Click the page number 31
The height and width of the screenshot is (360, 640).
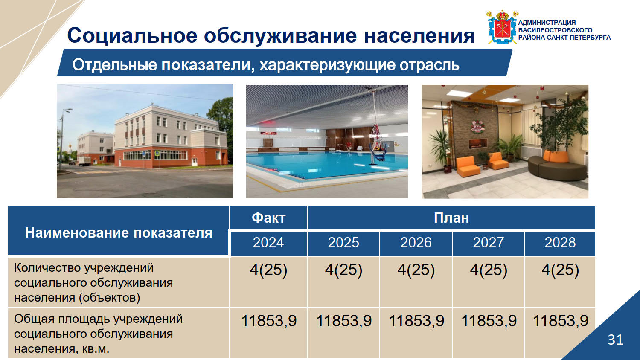(x=615, y=340)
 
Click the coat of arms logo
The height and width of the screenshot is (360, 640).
(x=502, y=27)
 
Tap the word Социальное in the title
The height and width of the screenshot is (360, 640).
(x=132, y=35)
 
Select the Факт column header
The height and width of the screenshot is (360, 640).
(x=268, y=218)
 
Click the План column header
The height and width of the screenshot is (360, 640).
(x=451, y=218)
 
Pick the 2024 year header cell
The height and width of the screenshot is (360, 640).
(x=268, y=243)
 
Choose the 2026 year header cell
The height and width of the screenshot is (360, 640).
(x=416, y=243)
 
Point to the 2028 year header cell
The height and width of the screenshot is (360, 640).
(x=560, y=243)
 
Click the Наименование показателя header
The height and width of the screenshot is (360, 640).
(x=119, y=233)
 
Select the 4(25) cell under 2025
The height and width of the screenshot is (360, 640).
(x=343, y=270)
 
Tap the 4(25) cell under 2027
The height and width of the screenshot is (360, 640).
(x=489, y=270)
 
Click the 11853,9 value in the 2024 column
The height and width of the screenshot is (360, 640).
(x=269, y=321)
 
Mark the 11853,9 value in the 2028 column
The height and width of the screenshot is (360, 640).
(x=561, y=321)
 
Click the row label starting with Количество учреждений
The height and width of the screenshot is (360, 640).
(x=93, y=283)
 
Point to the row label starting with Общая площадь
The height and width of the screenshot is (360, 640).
(x=98, y=334)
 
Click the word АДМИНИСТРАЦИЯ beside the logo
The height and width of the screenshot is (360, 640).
(x=547, y=23)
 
